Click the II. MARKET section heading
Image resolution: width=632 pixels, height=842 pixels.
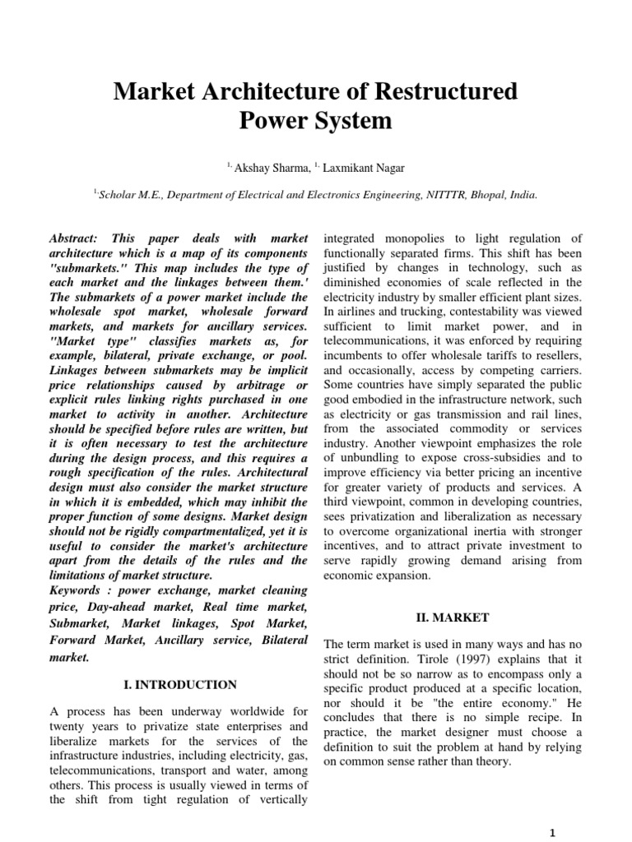454,617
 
